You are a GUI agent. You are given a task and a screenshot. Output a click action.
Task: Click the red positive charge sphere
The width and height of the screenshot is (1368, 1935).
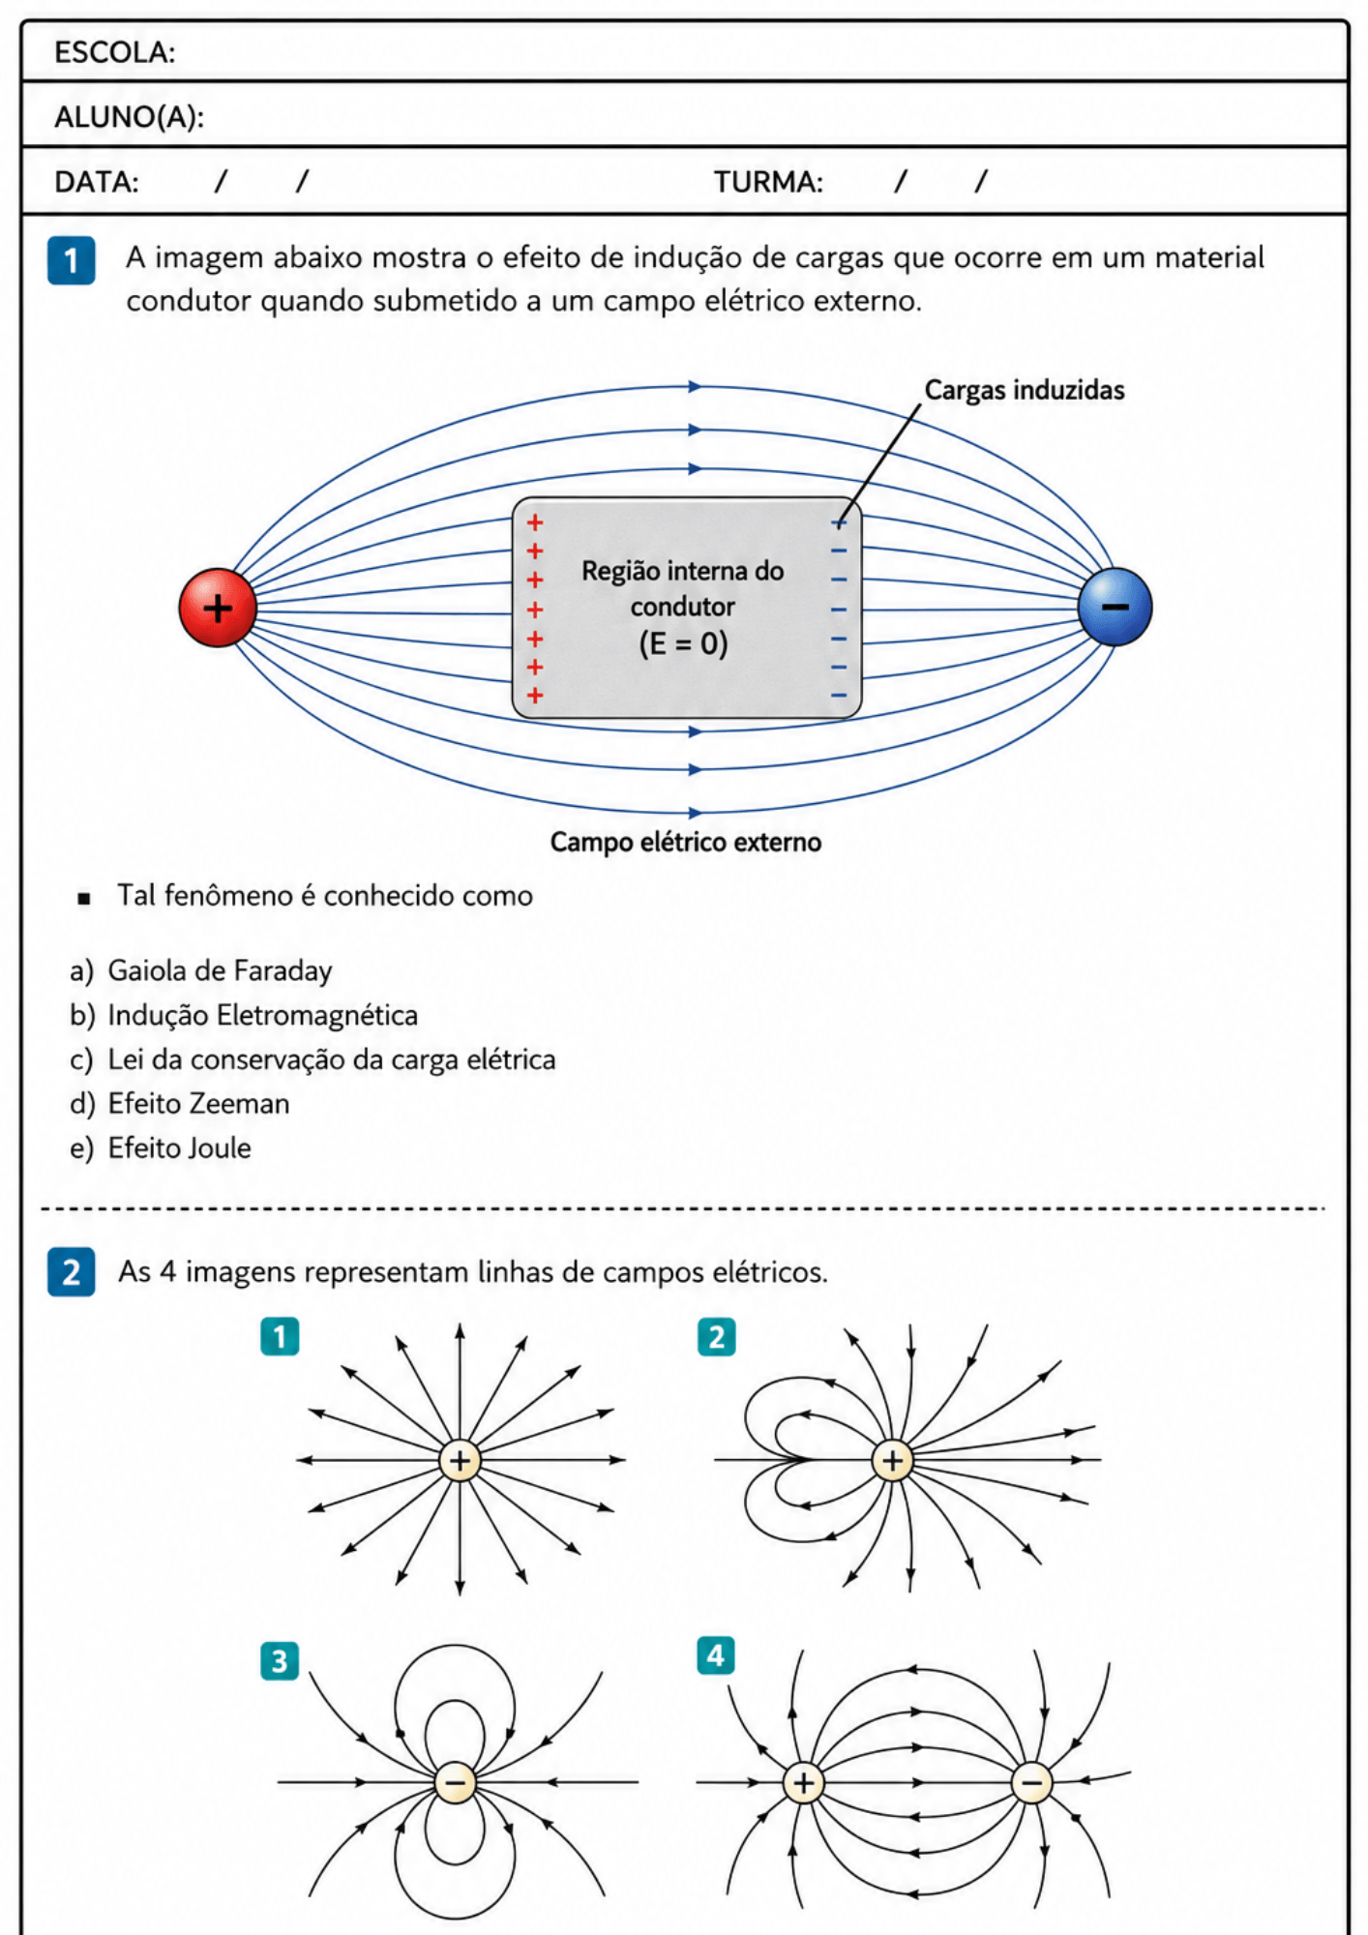[218, 608]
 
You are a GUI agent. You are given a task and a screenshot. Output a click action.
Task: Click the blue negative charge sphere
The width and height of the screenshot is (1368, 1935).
[1115, 607]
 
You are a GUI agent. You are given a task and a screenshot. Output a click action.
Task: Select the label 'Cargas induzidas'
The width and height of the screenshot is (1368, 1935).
[1025, 390]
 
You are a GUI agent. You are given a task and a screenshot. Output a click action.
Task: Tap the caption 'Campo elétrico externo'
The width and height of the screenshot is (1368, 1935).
[686, 842]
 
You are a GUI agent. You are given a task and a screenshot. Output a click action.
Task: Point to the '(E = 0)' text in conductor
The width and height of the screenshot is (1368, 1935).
[683, 643]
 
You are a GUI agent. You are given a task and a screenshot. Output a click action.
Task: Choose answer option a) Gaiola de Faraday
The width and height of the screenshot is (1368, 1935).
[201, 970]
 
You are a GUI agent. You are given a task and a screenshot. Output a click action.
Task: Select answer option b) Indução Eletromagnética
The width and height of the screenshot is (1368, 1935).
[244, 1015]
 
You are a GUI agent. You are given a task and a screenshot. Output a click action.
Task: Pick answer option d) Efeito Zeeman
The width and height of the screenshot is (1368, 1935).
[180, 1103]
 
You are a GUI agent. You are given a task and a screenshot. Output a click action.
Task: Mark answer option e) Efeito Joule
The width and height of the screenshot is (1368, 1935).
[161, 1147]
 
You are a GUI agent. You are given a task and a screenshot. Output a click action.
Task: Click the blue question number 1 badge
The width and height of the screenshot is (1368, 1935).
[72, 260]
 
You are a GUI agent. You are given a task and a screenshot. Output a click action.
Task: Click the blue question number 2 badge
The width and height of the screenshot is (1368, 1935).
[72, 1271]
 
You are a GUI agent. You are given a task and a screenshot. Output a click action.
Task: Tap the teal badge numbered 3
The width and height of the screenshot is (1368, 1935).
[280, 1661]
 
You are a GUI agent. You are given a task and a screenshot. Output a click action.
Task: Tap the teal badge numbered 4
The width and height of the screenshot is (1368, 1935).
[716, 1655]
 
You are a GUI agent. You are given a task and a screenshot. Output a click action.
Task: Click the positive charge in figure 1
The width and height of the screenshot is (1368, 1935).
[460, 1460]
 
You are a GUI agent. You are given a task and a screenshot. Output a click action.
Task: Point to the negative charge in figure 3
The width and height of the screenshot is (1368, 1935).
[455, 1782]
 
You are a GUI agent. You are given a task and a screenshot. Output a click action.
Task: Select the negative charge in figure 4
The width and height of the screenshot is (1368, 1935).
[1031, 1782]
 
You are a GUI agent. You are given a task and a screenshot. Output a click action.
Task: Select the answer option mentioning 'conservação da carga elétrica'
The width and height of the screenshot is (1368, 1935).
[312, 1059]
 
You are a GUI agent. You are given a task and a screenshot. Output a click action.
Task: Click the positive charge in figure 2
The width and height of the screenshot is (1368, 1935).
[892, 1460]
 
